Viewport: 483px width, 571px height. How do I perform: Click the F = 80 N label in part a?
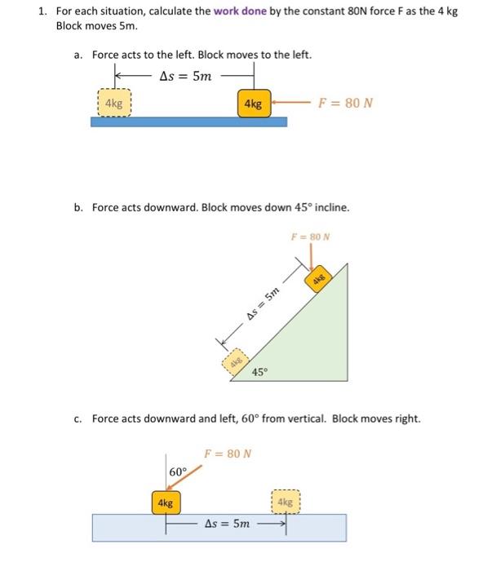coord(347,104)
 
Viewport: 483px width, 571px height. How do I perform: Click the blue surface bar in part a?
coord(188,122)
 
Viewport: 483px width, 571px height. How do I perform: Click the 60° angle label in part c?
coord(178,471)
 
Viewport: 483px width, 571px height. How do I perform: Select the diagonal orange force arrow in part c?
coord(188,481)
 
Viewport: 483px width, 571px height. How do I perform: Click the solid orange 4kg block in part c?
coord(166,502)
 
